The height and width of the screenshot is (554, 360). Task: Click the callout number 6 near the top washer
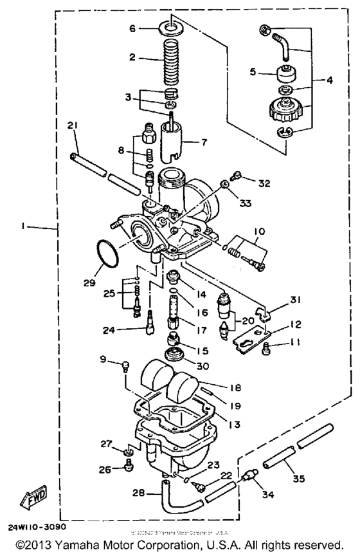pyautogui.click(x=132, y=28)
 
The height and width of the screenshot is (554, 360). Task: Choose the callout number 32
pyautogui.click(x=264, y=183)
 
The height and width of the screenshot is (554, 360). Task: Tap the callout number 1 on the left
pyautogui.click(x=23, y=226)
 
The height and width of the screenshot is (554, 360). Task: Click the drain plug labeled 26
pyautogui.click(x=128, y=468)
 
